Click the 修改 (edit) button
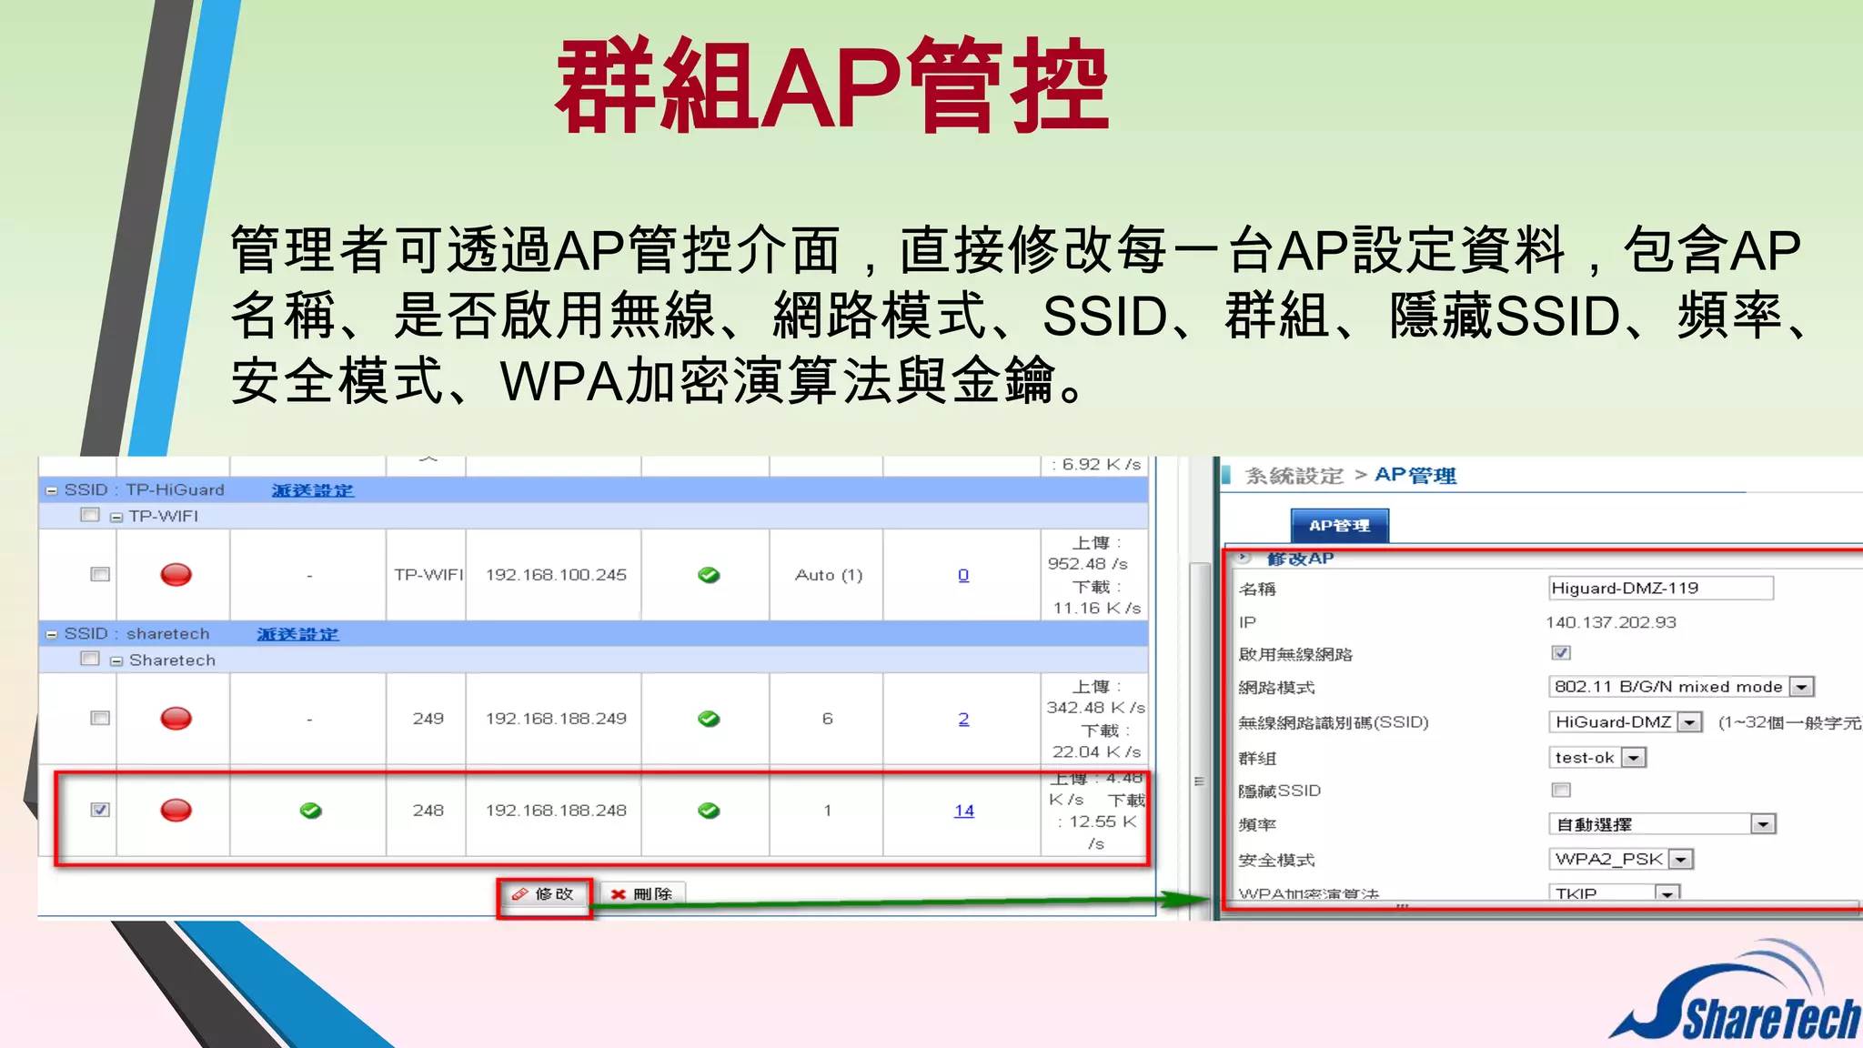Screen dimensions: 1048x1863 click(x=544, y=895)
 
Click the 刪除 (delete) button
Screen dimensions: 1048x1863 click(x=642, y=895)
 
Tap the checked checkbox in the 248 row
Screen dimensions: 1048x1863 click(x=100, y=810)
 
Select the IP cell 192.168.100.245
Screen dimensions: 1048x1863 click(x=556, y=575)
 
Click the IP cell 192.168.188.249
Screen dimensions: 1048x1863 click(x=556, y=719)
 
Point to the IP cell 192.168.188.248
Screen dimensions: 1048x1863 click(x=556, y=811)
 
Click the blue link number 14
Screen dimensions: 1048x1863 click(x=963, y=811)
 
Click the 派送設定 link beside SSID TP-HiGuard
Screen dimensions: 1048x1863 click(x=312, y=490)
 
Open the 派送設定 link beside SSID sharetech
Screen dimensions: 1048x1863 click(x=297, y=634)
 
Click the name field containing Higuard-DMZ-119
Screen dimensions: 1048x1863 click(x=1659, y=589)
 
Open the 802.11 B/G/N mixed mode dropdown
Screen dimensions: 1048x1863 click(x=1801, y=687)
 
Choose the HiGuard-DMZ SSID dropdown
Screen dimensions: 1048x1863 click(x=1689, y=722)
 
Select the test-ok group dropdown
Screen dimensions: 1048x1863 click(x=1634, y=758)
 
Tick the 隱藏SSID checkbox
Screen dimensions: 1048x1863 click(x=1561, y=790)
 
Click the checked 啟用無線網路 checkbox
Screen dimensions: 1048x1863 click(x=1561, y=652)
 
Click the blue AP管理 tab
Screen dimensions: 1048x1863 click(x=1339, y=526)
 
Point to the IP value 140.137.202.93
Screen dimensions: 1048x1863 click(x=1610, y=622)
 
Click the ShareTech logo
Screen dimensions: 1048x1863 click(x=1737, y=1001)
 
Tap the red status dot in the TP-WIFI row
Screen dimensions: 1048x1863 click(x=176, y=575)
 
